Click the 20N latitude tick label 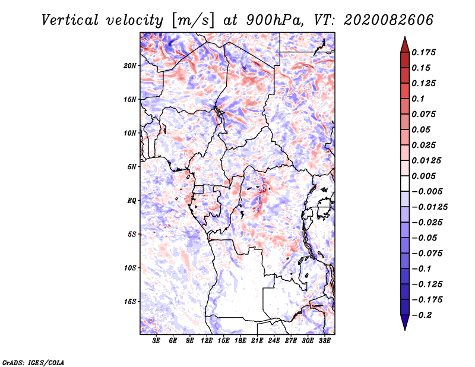[x=130, y=66]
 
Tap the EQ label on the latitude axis [x=132, y=201]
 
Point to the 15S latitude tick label [x=130, y=302]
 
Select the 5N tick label [x=132, y=167]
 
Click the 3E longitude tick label [x=156, y=341]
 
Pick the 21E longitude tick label [x=257, y=341]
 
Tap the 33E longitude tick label [x=324, y=341]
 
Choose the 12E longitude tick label [x=207, y=341]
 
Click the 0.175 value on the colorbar [x=423, y=52]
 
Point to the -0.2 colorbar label [x=422, y=315]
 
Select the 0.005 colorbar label [x=423, y=176]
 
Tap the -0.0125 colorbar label [x=429, y=207]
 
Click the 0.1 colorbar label [x=418, y=99]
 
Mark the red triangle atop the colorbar [x=405, y=45]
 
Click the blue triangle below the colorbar [x=405, y=322]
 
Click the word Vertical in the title [x=70, y=20]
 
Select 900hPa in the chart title [x=274, y=20]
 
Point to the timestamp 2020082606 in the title [x=388, y=20]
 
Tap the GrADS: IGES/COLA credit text [x=33, y=362]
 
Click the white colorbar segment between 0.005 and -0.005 [x=405, y=183]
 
